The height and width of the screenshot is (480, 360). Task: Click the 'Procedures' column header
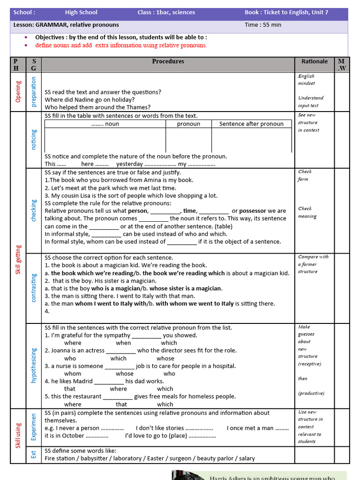[x=168, y=61]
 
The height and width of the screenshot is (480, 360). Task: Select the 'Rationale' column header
[x=314, y=61]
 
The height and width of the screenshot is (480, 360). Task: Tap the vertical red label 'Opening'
[x=18, y=92]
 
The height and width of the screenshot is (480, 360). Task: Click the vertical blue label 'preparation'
[x=34, y=92]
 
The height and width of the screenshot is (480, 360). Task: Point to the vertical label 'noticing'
[x=34, y=140]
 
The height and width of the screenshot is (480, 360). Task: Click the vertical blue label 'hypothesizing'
[x=34, y=365]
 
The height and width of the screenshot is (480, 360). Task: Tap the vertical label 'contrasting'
[x=34, y=288]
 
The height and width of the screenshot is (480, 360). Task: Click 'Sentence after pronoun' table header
[x=251, y=124]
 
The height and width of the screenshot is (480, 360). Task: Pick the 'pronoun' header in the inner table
[x=188, y=124]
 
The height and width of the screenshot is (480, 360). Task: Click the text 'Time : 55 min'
[x=263, y=25]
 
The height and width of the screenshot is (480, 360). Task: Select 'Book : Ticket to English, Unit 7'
[x=286, y=13]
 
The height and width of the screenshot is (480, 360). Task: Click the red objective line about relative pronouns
[x=121, y=45]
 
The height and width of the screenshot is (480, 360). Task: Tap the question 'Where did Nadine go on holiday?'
[x=90, y=99]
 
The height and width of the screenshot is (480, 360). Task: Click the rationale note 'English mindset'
[x=307, y=80]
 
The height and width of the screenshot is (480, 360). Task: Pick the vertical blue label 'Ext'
[x=34, y=454]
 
